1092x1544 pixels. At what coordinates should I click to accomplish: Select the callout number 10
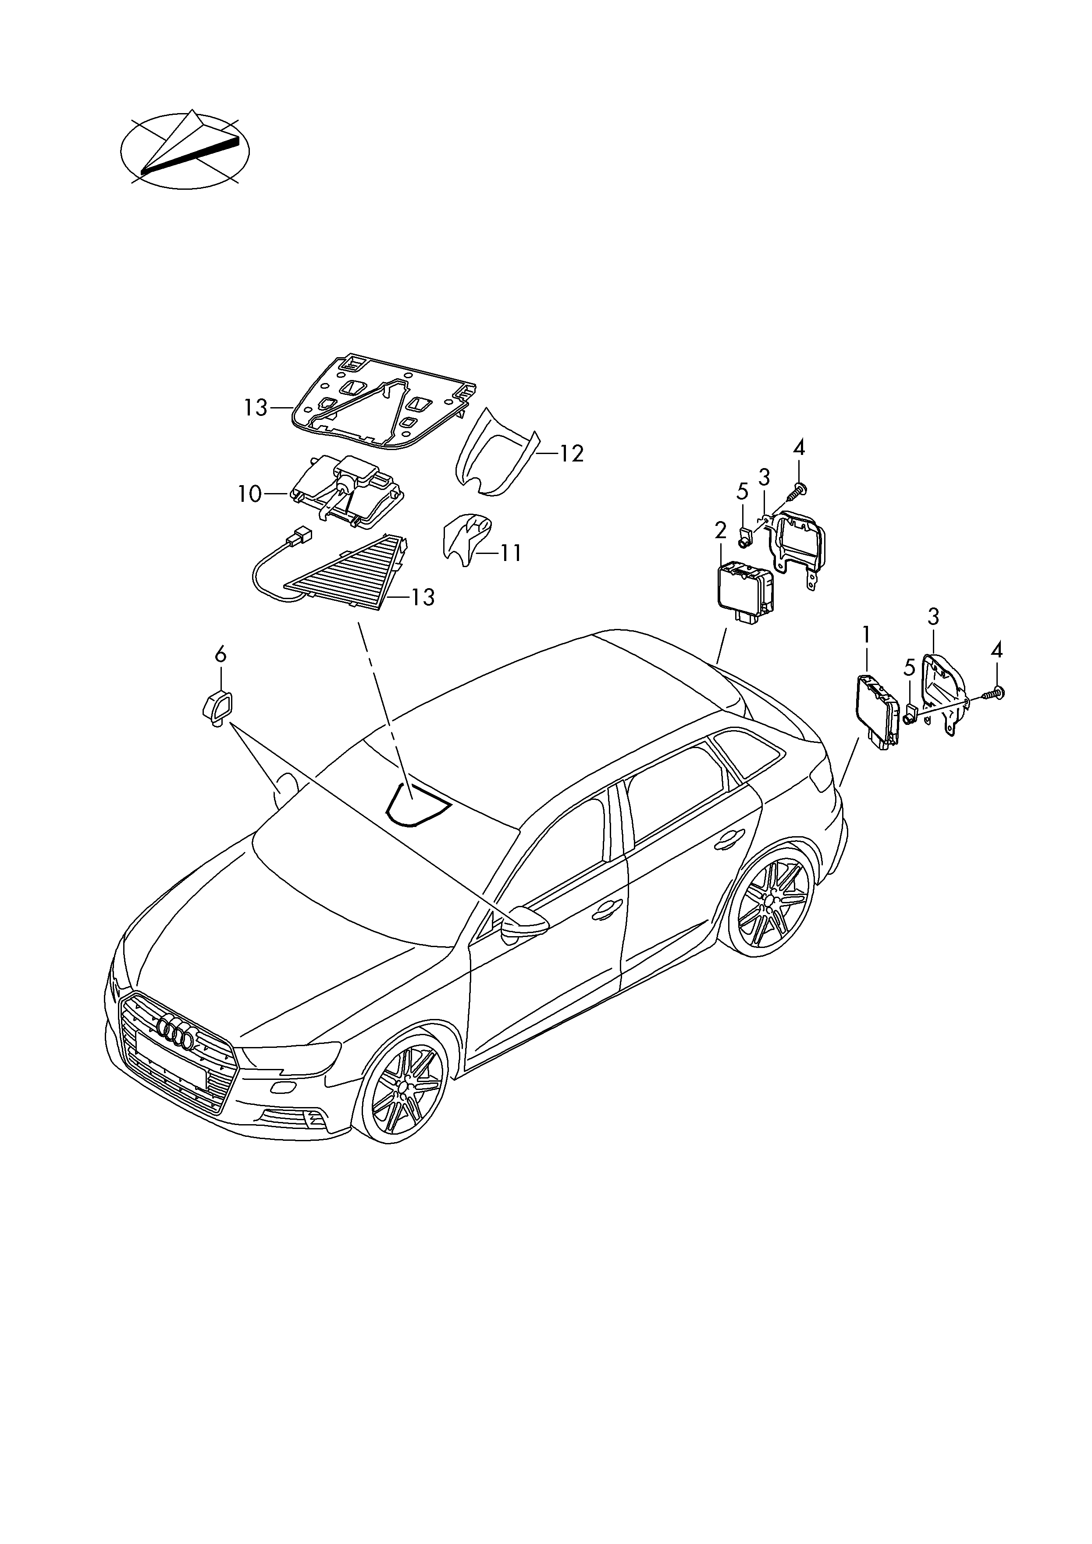(249, 494)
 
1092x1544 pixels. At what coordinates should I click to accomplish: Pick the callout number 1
(867, 634)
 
